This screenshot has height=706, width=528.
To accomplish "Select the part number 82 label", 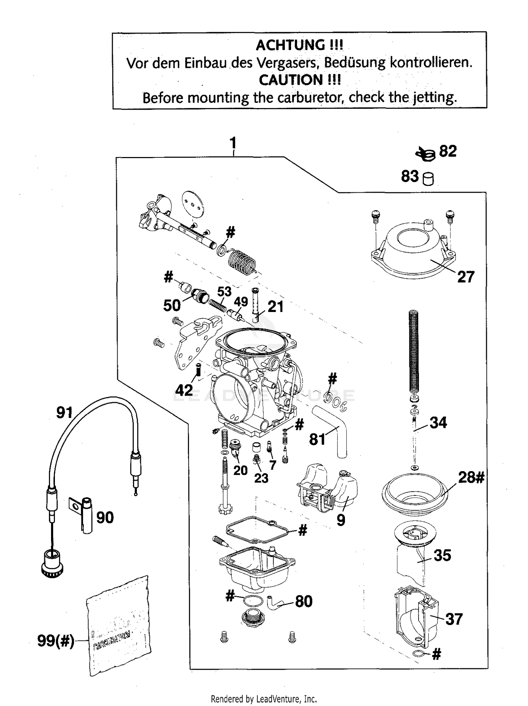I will coord(448,151).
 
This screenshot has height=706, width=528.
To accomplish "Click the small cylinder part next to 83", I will coord(428,179).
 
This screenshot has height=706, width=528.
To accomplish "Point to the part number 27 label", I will coord(466,277).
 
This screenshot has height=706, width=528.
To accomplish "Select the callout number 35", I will coord(442,555).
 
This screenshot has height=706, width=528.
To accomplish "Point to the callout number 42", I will coord(184,390).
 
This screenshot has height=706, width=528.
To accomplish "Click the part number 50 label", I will coord(172,305).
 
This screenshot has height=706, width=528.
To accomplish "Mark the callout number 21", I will coord(275,307).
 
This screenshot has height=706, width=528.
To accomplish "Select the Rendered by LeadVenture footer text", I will coord(264,699).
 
